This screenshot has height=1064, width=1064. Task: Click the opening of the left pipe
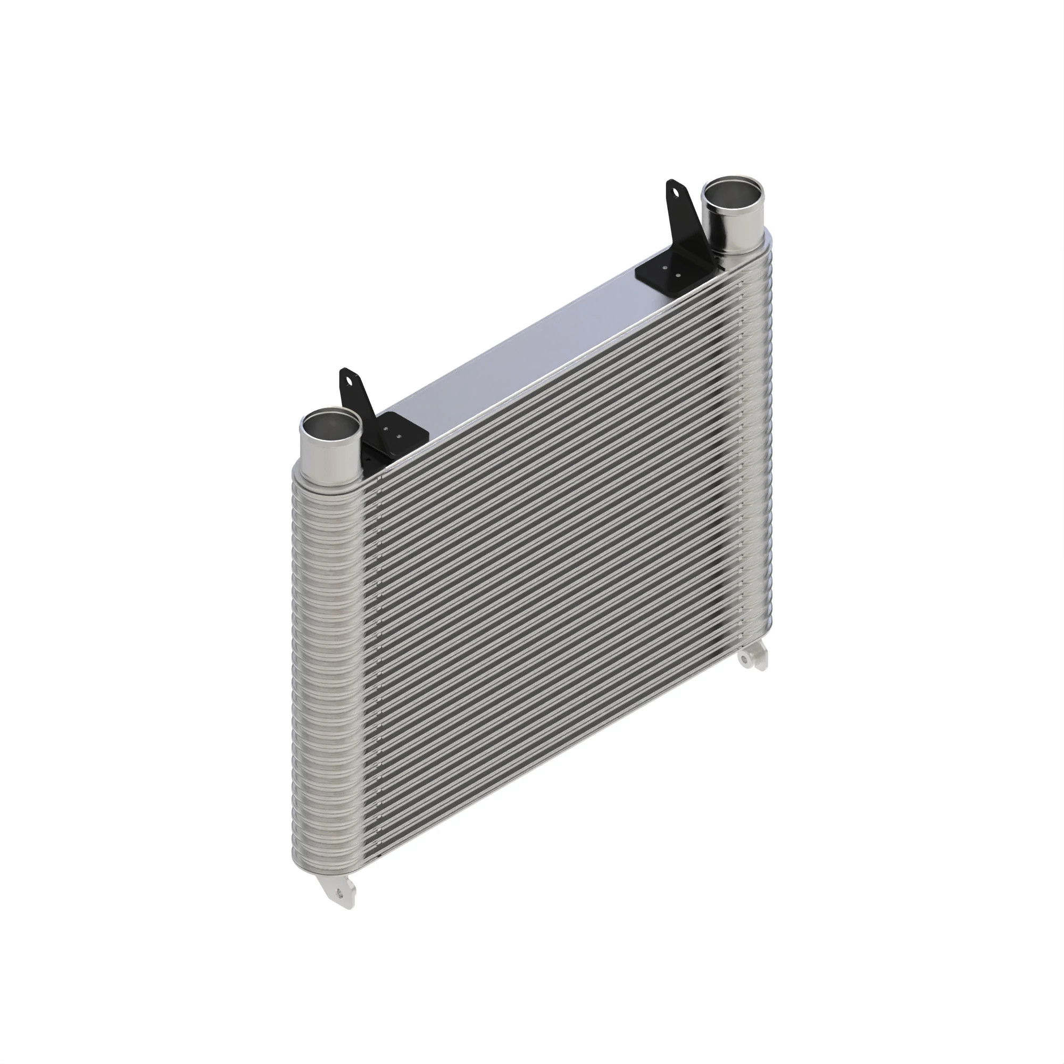pos(330,425)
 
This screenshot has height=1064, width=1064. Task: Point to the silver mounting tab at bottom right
pos(753,659)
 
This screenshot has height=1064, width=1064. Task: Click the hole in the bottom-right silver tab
pos(747,659)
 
